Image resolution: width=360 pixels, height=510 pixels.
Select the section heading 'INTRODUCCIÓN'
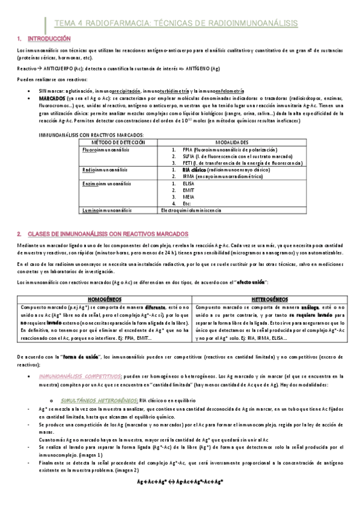41,38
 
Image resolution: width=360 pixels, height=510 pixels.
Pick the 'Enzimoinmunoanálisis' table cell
103,182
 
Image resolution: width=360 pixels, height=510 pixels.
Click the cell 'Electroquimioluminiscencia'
191,210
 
